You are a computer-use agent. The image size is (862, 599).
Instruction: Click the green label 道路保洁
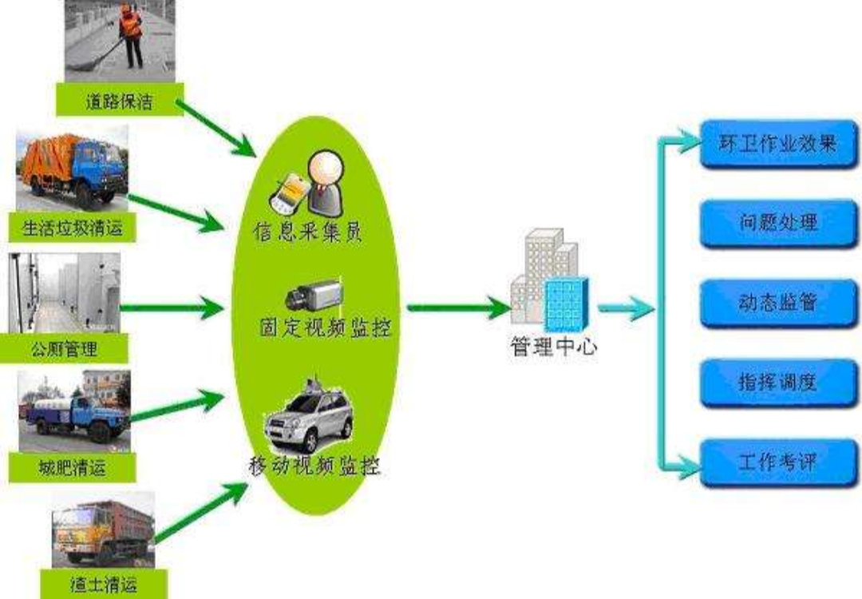click(x=120, y=100)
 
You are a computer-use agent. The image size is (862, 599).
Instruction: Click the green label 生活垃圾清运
click(x=72, y=227)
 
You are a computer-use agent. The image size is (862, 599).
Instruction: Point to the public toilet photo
click(x=65, y=292)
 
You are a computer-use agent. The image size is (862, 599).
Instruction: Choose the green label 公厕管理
click(x=64, y=348)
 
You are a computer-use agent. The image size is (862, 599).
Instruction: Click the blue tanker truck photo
click(x=74, y=411)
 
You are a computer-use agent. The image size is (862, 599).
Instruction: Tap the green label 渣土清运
click(x=104, y=584)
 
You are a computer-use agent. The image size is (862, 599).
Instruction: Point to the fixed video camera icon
click(x=314, y=296)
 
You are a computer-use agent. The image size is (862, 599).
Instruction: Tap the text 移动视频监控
click(x=314, y=466)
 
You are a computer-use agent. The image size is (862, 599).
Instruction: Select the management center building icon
click(x=550, y=280)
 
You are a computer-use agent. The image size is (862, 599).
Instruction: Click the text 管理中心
click(x=554, y=347)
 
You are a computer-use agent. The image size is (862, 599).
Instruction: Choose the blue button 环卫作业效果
click(x=778, y=144)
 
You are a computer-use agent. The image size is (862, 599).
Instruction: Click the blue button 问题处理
click(x=778, y=224)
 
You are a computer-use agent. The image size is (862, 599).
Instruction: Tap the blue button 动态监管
click(x=778, y=303)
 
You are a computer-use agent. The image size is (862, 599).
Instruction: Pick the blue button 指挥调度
click(x=778, y=383)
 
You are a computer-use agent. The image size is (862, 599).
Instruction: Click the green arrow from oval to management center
click(x=458, y=308)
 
